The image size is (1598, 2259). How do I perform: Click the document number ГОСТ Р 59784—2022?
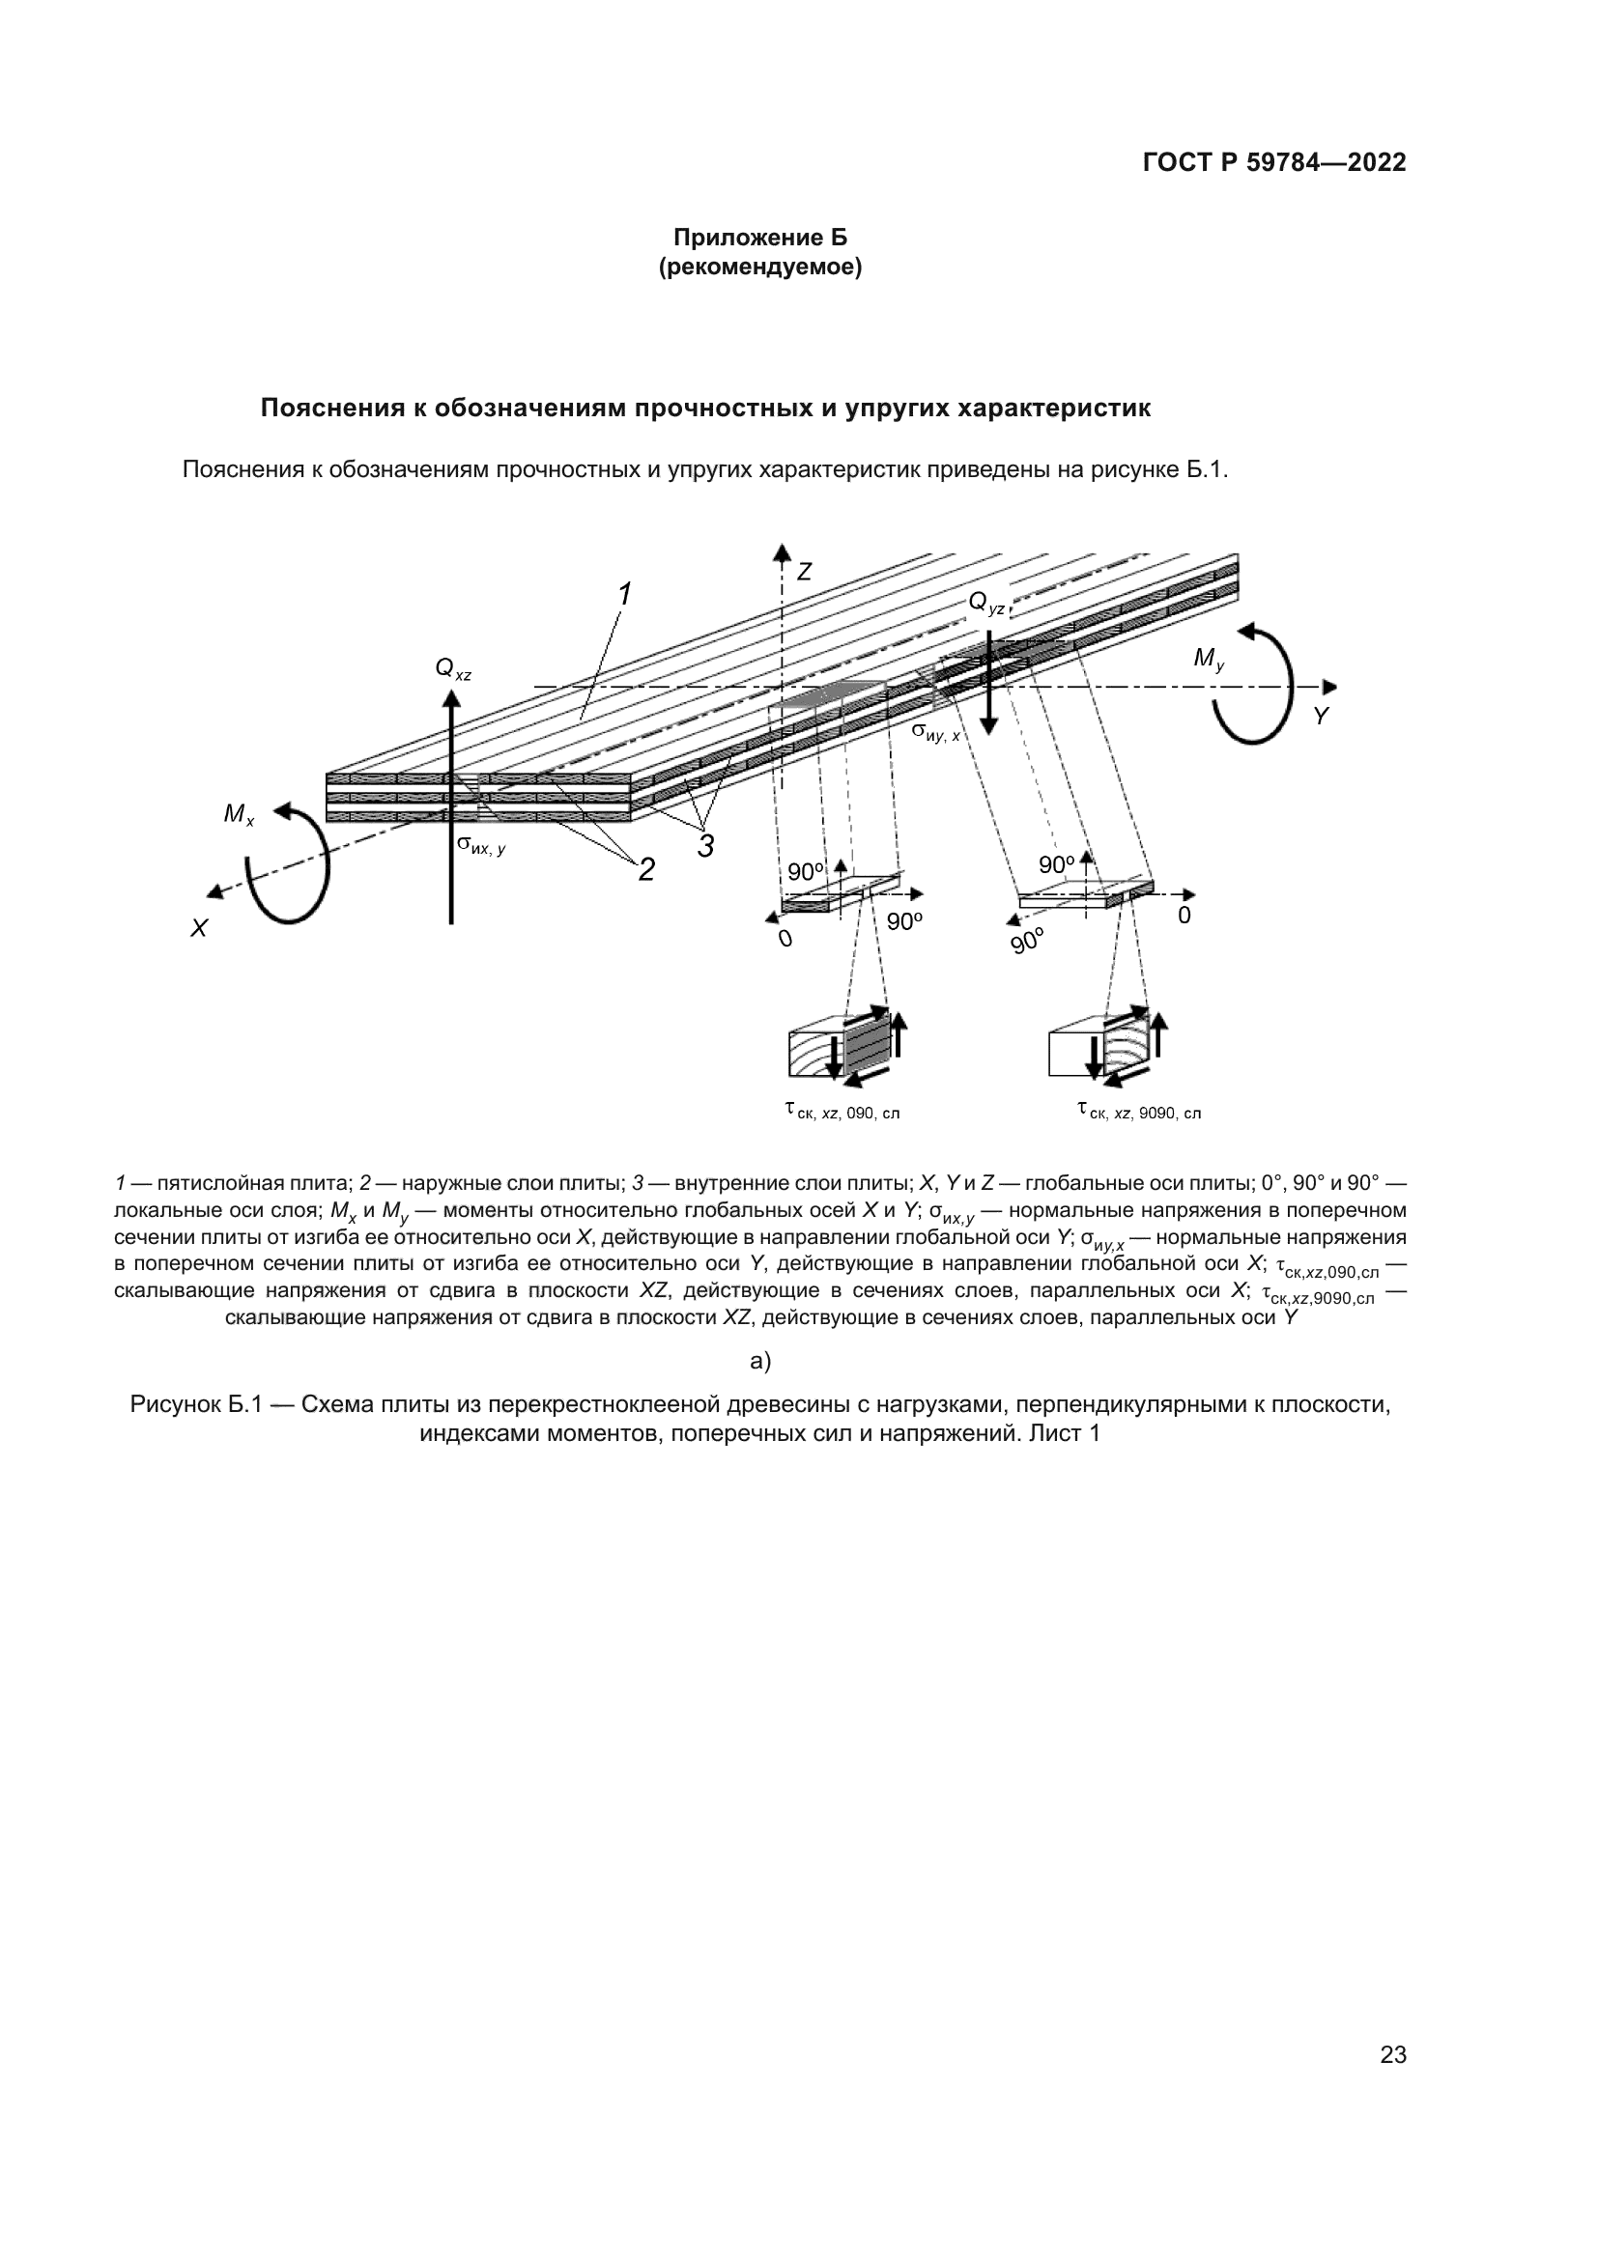pos(1273,163)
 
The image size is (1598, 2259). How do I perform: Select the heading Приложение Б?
pos(759,238)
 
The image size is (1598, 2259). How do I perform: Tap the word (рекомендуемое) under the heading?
pos(759,268)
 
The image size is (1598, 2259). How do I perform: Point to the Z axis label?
pos(804,572)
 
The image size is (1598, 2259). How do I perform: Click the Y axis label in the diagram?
pos(1321,718)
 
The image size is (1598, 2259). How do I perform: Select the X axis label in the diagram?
pos(199,928)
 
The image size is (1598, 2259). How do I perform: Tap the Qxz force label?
pos(452,670)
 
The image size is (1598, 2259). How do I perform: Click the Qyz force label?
pos(987,603)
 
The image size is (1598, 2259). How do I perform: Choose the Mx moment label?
pos(238,815)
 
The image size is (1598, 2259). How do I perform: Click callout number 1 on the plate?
pos(624,594)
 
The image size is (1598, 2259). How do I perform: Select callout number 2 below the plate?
pos(646,870)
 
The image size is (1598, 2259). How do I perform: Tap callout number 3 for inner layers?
pos(705,845)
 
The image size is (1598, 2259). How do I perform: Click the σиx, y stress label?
pos(481,844)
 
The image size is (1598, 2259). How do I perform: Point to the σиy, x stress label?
pos(935,732)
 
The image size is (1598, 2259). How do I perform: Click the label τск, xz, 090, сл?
pos(842,1112)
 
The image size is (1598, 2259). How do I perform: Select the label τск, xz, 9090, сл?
pos(1138,1112)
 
